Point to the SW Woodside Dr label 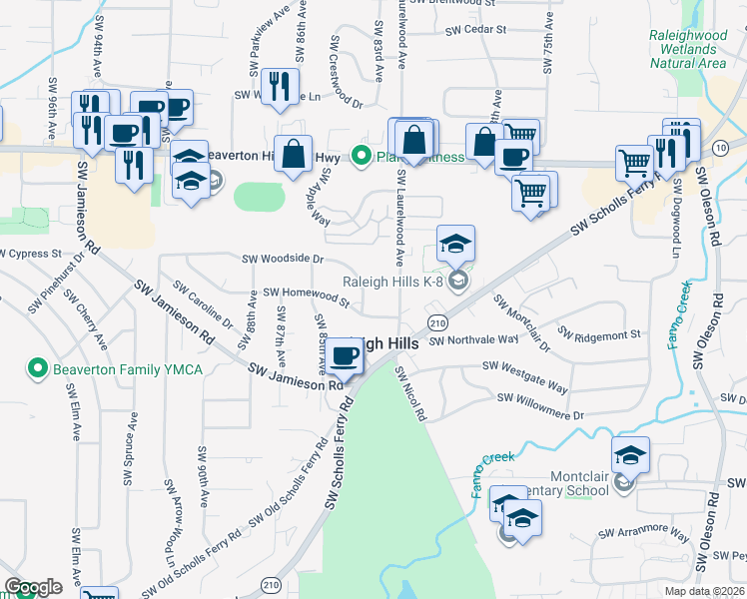click(284, 259)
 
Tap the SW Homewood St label click(306, 296)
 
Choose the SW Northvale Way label click(474, 339)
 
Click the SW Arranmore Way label click(643, 536)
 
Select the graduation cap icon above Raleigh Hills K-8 click(455, 244)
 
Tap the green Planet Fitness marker click(361, 157)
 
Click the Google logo click(33, 587)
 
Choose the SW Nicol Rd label click(409, 392)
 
